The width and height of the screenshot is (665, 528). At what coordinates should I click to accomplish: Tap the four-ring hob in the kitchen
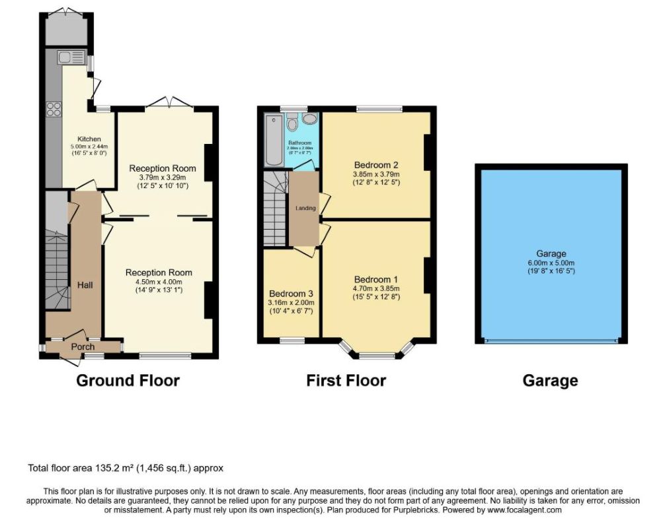pyautogui.click(x=53, y=110)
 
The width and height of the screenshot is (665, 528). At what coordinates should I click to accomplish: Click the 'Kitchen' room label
pyautogui.click(x=89, y=139)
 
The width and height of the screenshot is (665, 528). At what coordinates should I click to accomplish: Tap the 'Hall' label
pyautogui.click(x=84, y=285)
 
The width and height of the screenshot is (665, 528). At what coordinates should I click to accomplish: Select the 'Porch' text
pyautogui.click(x=83, y=346)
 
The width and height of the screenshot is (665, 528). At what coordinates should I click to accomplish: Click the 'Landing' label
pyautogui.click(x=305, y=209)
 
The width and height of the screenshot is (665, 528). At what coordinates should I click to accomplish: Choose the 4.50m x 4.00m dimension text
pyautogui.click(x=159, y=282)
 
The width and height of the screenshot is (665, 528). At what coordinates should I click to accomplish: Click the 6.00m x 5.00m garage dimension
pyautogui.click(x=551, y=262)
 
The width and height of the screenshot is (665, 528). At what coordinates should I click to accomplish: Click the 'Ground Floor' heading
pyautogui.click(x=128, y=381)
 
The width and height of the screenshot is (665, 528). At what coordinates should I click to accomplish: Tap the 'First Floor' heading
pyautogui.click(x=346, y=381)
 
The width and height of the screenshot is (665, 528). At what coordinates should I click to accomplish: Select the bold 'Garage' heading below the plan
pyautogui.click(x=550, y=381)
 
